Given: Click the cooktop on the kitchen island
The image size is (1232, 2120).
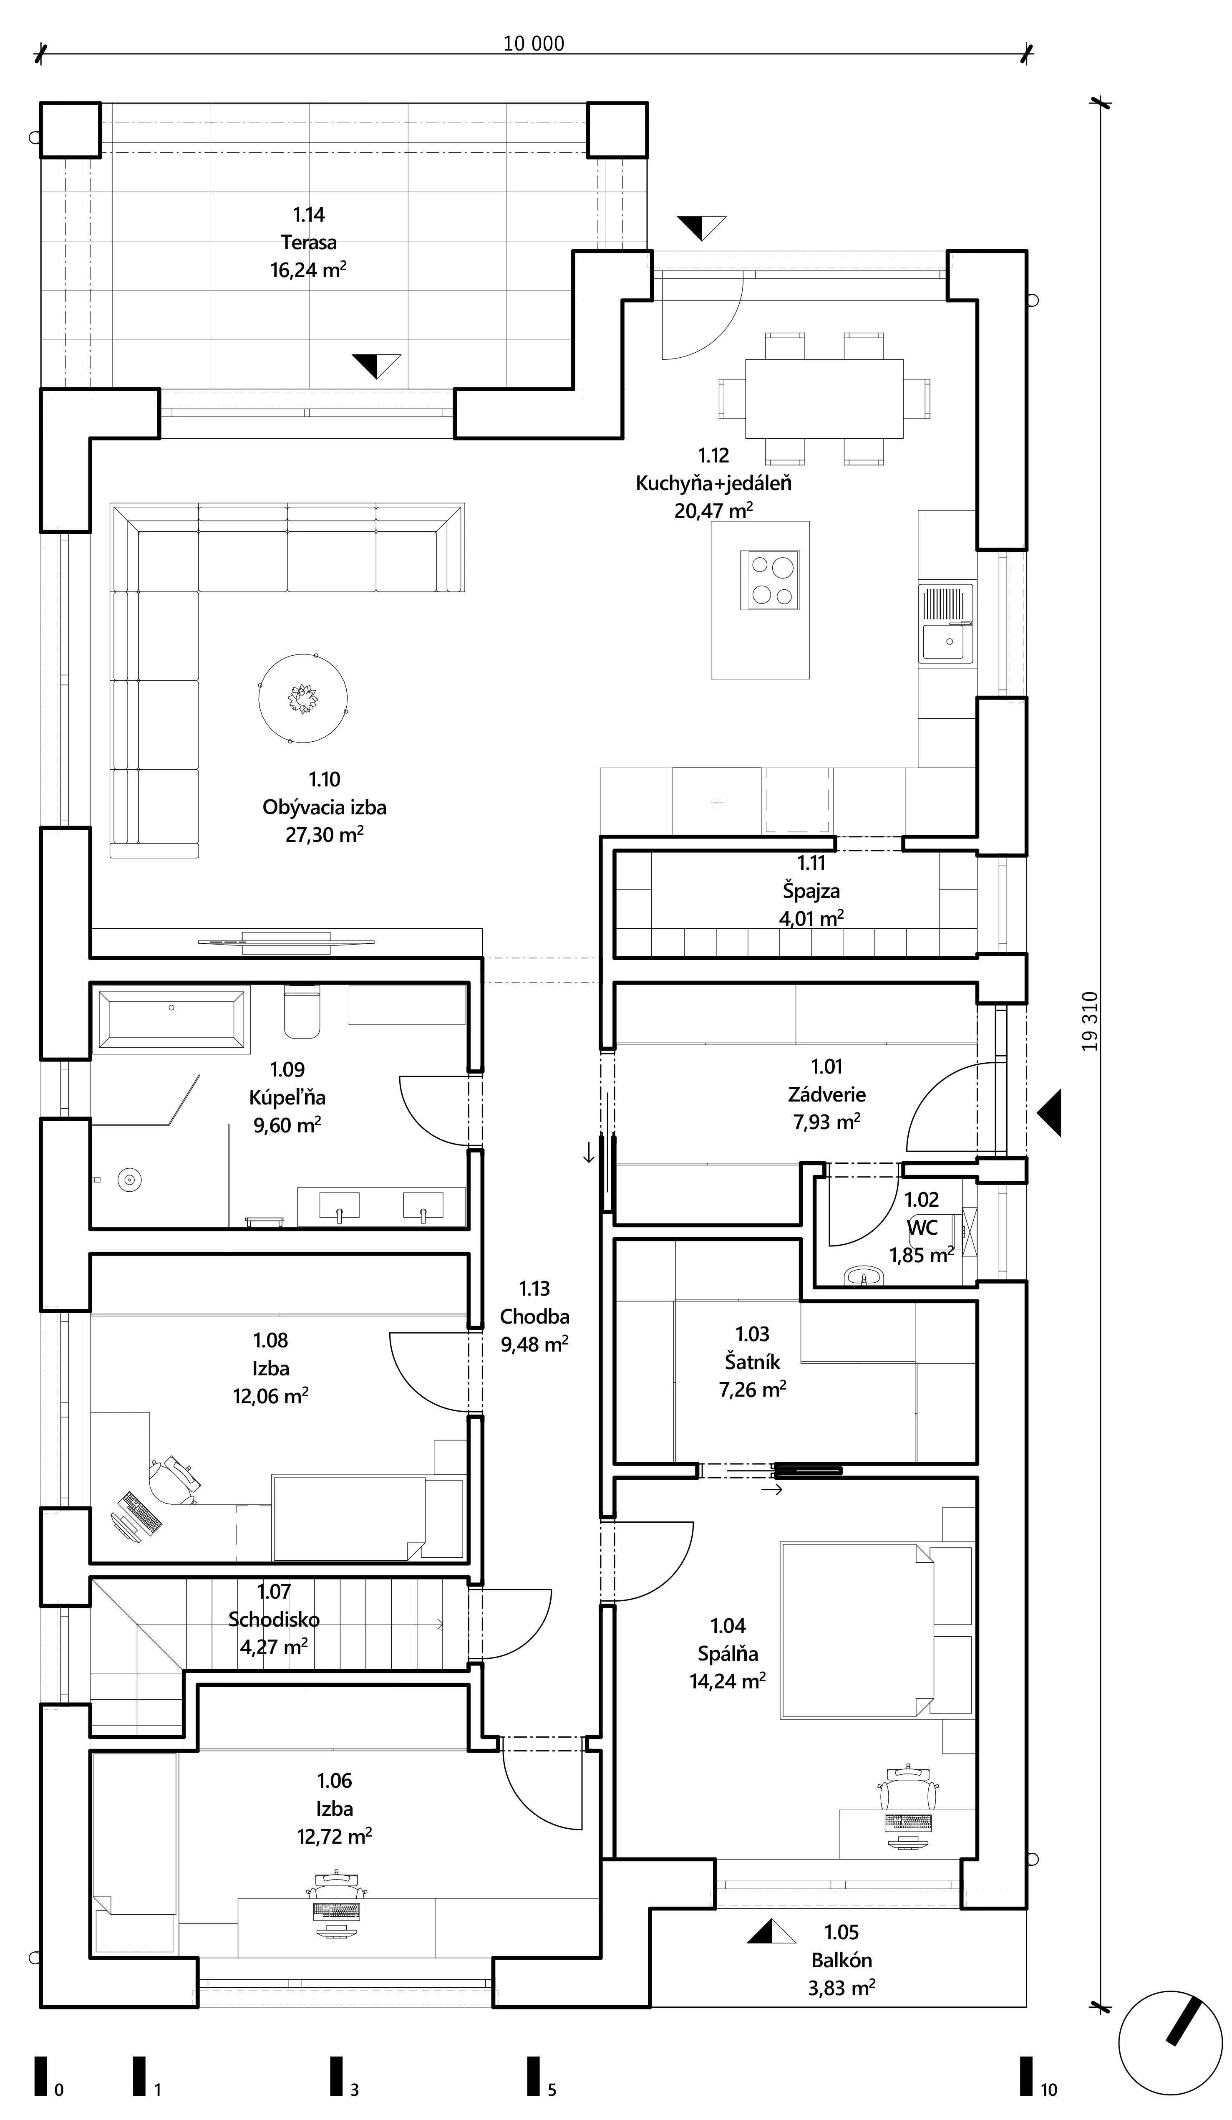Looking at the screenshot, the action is (x=769, y=580).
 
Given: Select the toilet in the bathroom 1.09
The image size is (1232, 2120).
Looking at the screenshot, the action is (x=302, y=1011).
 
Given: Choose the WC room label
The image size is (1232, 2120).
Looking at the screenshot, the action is (x=922, y=1228).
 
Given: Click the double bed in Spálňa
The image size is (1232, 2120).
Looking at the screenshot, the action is (x=857, y=1629).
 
